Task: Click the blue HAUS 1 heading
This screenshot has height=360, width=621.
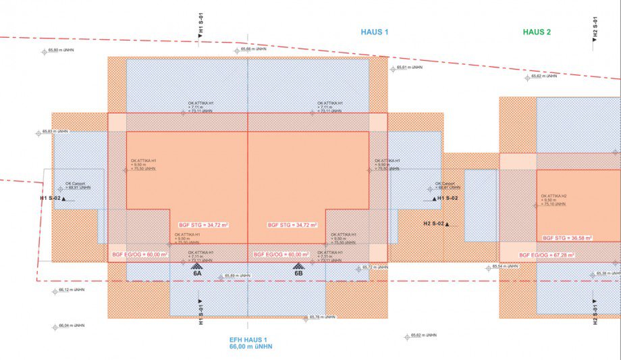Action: pyautogui.click(x=374, y=32)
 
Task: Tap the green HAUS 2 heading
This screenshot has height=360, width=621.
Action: pyautogui.click(x=537, y=32)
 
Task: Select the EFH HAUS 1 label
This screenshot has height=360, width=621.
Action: pyautogui.click(x=248, y=340)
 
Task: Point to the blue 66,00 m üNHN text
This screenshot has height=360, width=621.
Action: pyautogui.click(x=250, y=347)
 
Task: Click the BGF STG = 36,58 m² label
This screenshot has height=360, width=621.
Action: pyautogui.click(x=568, y=238)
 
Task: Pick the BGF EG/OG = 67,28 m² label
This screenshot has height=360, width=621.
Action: pyautogui.click(x=547, y=255)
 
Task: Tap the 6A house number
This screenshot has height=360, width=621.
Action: pyautogui.click(x=197, y=274)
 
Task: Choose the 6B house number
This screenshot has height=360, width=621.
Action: pyautogui.click(x=298, y=274)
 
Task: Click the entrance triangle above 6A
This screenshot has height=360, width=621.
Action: pyautogui.click(x=197, y=267)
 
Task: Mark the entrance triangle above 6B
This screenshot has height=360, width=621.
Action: pyautogui.click(x=298, y=267)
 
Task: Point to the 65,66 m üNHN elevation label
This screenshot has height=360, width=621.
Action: pyautogui.click(x=255, y=49)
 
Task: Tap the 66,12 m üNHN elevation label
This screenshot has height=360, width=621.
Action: pyautogui.click(x=71, y=290)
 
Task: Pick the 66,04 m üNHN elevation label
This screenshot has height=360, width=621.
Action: pyautogui.click(x=71, y=326)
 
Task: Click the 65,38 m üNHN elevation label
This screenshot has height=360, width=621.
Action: pyautogui.click(x=607, y=274)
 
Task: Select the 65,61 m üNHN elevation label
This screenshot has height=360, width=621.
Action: pyautogui.click(x=409, y=68)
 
